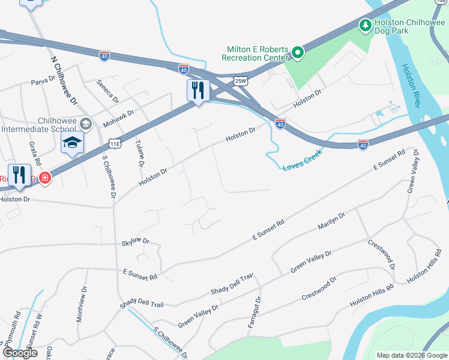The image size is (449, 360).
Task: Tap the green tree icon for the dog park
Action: (364, 25)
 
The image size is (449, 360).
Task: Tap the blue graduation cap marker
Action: (72, 143)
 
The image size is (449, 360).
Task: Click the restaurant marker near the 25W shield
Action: (198, 91)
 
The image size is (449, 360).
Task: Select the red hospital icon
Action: (44, 178)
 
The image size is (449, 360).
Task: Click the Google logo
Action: (20, 353)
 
